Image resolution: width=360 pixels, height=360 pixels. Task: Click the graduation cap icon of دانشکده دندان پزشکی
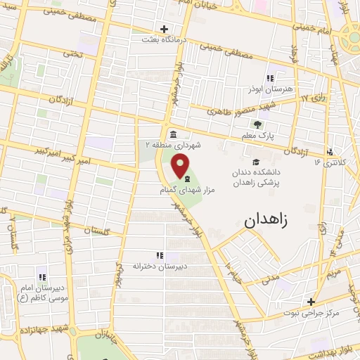pos(255,160)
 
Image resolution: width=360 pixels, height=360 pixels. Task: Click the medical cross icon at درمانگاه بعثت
pos(165,30)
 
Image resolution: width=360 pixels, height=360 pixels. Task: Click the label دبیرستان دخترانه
pos(157,266)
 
